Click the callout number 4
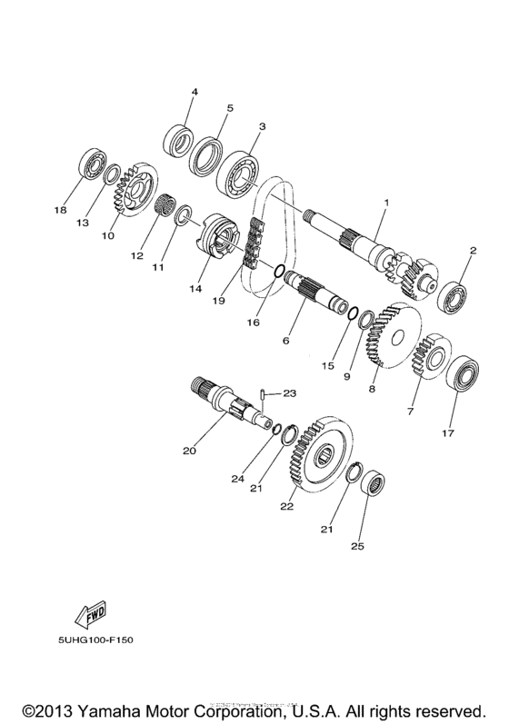(x=194, y=92)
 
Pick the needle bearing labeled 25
(x=373, y=484)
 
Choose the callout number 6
(x=285, y=341)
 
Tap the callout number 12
(x=136, y=256)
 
